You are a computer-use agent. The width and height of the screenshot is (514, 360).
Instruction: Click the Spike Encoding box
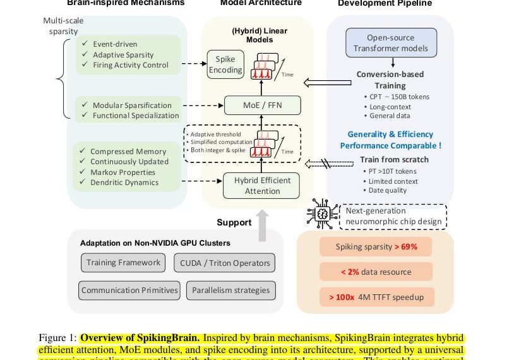pos(225,64)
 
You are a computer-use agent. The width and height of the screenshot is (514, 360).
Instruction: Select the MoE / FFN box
pos(262,105)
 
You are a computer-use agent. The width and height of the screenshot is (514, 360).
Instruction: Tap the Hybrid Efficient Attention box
pos(262,186)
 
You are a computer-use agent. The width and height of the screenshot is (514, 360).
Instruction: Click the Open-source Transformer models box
pos(390,43)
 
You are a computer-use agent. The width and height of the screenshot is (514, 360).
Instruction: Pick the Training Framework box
pos(123,263)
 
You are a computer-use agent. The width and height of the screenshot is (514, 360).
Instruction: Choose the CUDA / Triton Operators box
pos(224,263)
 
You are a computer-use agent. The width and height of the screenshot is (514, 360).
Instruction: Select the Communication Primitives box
pos(129,291)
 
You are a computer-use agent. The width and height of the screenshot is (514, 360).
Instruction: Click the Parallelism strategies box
pos(230,291)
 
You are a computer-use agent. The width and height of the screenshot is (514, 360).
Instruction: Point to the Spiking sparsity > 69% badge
pos(376,246)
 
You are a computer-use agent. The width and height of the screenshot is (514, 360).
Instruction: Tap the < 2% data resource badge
pos(376,272)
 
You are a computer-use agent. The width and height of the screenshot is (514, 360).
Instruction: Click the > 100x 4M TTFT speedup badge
pos(376,297)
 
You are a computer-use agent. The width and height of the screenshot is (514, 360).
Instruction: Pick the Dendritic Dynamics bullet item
pos(124,183)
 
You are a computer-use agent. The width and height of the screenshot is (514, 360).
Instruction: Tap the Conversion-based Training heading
pos(390,79)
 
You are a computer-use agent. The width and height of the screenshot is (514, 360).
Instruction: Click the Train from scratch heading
pos(394,159)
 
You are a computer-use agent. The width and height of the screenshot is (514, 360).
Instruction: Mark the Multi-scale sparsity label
pos(63,25)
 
